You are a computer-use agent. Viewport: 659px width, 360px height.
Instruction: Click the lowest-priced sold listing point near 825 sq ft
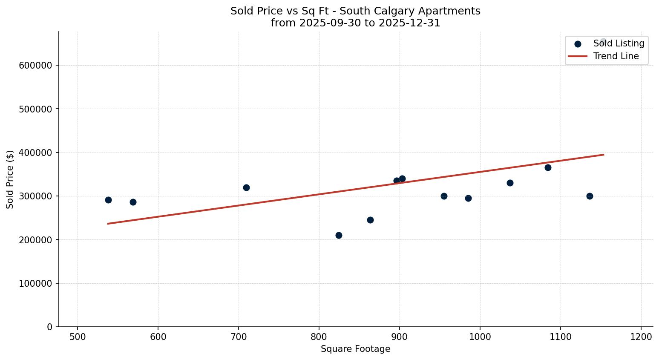339,235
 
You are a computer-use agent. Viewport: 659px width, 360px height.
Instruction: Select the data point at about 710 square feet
246,187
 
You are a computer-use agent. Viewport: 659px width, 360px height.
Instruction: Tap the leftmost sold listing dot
108,200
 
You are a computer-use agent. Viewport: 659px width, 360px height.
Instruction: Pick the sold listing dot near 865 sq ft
370,220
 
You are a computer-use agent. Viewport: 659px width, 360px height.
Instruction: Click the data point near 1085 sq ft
548,167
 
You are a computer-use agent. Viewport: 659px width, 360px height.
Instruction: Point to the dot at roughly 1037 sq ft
510,183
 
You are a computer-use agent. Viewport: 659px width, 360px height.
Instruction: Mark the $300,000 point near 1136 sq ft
590,196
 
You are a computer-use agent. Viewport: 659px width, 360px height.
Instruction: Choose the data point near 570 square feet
133,202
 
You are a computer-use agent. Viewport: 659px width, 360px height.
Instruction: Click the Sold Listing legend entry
619,43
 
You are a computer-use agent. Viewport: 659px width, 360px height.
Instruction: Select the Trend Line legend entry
616,56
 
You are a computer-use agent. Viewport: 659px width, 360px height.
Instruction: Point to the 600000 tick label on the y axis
35,65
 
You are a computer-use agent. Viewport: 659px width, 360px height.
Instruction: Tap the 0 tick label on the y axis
50,327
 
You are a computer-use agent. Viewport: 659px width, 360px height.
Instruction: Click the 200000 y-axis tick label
35,240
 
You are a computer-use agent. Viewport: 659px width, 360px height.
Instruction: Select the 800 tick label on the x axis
319,337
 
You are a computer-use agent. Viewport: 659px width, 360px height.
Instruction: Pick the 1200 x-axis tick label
641,337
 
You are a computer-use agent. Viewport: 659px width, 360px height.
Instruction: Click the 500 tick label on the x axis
78,337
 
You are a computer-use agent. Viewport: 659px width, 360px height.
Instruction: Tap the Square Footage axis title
355,349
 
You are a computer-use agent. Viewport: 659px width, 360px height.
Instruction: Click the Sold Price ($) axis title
10,179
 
